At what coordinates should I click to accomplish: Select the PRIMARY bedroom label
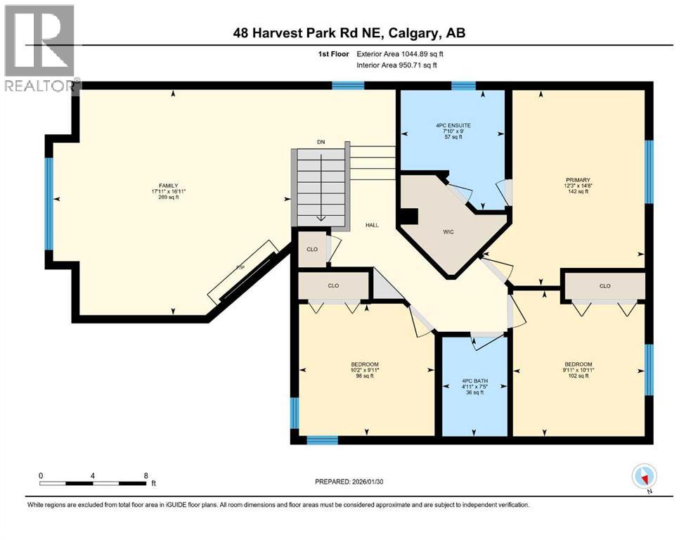[x=578, y=179]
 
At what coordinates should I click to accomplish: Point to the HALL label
[x=372, y=225]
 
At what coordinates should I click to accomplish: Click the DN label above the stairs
[x=321, y=142]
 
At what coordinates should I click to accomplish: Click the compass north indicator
[x=644, y=477]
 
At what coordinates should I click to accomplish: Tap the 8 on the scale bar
[x=145, y=475]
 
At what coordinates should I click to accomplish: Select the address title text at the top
[x=348, y=32]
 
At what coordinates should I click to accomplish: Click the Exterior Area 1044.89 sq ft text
[x=401, y=53]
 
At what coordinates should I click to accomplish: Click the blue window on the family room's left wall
[x=49, y=203]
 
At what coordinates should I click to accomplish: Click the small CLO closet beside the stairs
[x=311, y=249]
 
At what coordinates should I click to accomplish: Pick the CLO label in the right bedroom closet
[x=605, y=286]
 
